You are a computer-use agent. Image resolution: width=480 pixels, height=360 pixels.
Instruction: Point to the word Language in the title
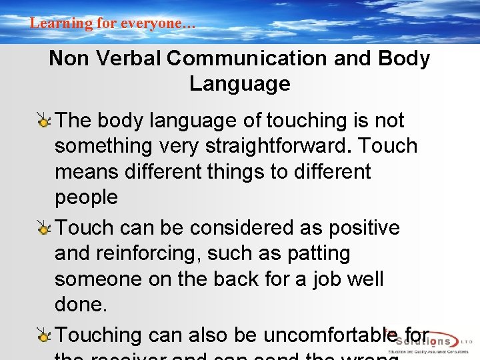pyautogui.click(x=240, y=84)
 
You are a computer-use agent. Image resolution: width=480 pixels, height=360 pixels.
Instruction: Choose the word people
pyautogui.click(x=86, y=197)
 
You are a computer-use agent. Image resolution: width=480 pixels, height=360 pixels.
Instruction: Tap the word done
pyautogui.click(x=81, y=305)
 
